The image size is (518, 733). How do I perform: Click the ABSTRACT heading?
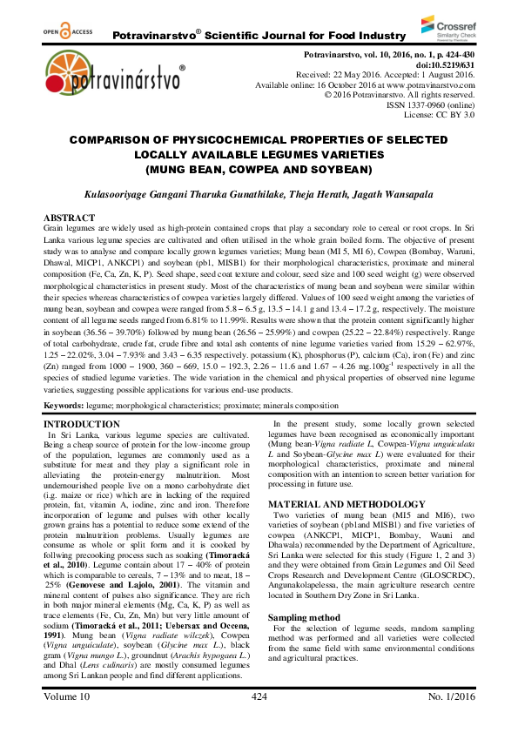[x=69, y=217]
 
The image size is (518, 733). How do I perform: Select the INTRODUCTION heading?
[x=83, y=424]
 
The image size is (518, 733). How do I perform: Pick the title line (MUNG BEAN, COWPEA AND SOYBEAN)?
[x=259, y=168]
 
